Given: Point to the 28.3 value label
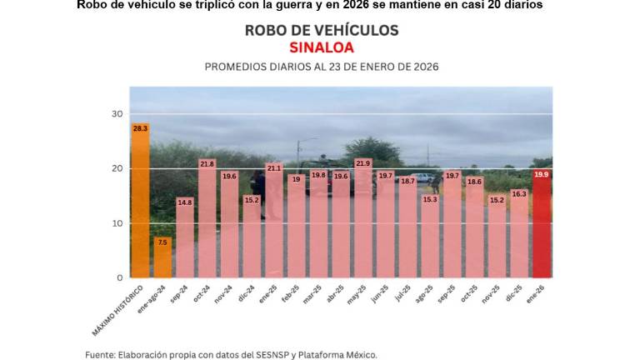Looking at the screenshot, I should [140, 128].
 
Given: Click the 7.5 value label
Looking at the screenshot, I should [162, 242].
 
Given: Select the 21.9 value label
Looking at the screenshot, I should [362, 163].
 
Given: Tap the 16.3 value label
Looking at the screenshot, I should [518, 193].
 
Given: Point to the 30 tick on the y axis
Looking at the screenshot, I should [117, 114].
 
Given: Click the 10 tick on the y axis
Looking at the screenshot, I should [117, 223].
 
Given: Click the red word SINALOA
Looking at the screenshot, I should [321, 47].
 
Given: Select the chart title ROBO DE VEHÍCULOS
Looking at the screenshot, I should [321, 30].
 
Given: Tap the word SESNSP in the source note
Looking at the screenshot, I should [247, 354].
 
